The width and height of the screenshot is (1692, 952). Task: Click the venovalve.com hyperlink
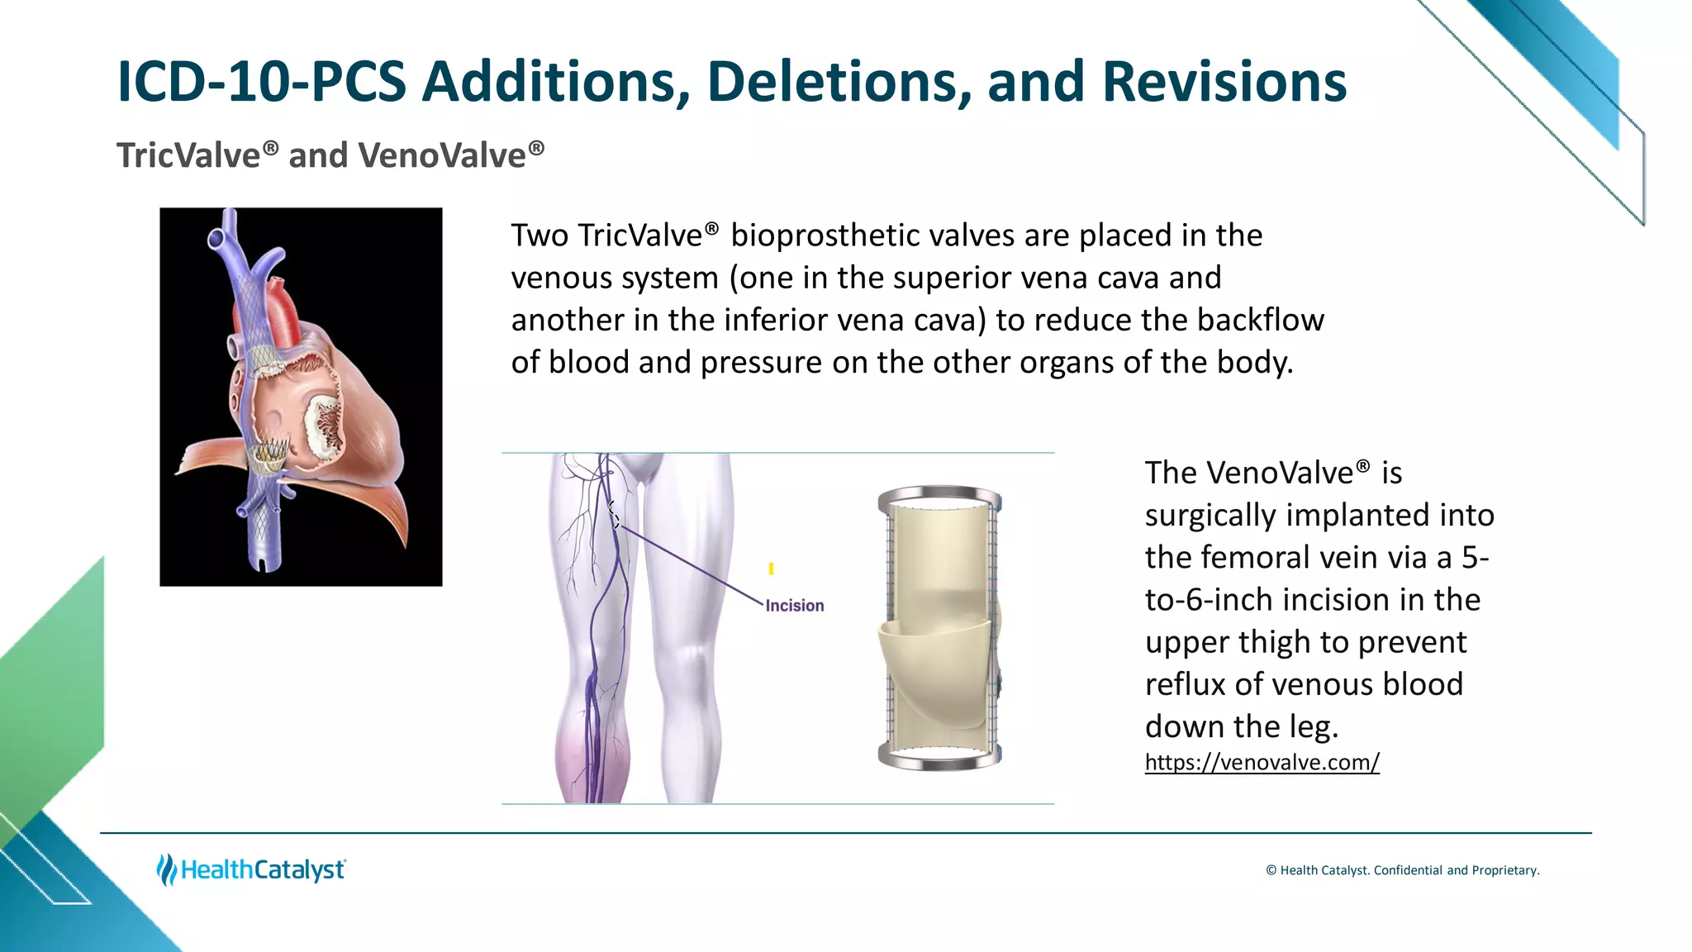pyautogui.click(x=1262, y=762)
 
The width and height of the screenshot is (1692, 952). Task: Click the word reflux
pyautogui.click(x=1185, y=684)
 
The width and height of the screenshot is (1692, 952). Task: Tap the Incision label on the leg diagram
pyautogui.click(x=794, y=606)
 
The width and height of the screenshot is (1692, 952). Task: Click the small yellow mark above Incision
pyautogui.click(x=771, y=569)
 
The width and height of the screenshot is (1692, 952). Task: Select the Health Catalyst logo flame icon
pyautogui.click(x=166, y=869)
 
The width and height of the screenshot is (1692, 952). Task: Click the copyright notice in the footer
pyautogui.click(x=1402, y=870)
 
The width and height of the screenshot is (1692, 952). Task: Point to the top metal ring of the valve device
pyautogui.click(x=939, y=496)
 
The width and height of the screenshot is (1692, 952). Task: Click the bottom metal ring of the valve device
pyautogui.click(x=939, y=758)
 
